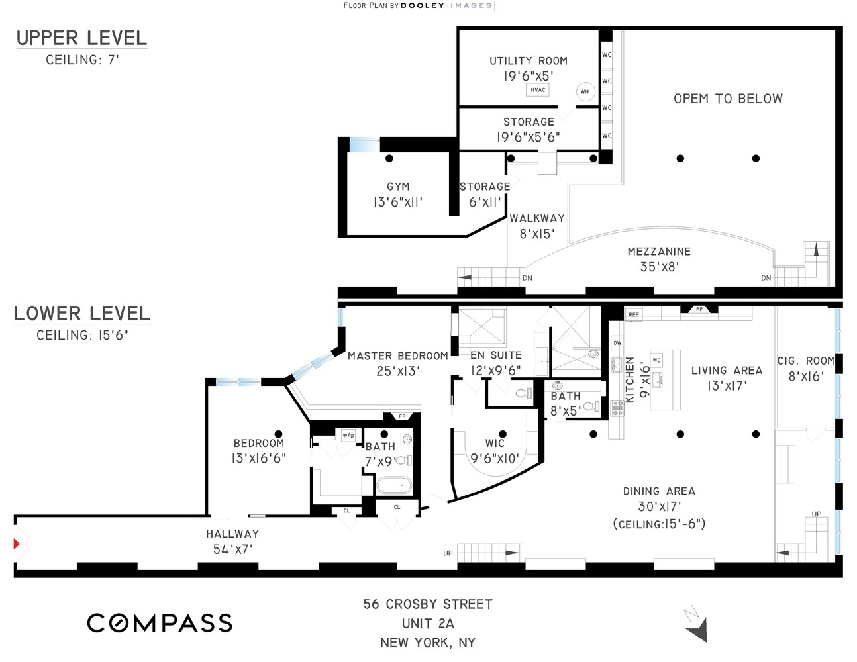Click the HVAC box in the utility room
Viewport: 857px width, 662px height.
pos(538,90)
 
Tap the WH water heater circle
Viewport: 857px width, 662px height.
pos(585,92)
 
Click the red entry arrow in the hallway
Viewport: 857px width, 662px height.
pos(17,544)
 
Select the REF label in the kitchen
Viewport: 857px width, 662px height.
pos(633,314)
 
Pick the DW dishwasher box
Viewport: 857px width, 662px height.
pos(617,342)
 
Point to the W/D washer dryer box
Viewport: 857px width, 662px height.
pos(348,436)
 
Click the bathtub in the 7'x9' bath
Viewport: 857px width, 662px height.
pos(394,485)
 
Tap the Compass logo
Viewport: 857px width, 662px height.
pos(160,622)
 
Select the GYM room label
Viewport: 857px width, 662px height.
pos(398,187)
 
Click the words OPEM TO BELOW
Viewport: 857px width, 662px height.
pos(728,99)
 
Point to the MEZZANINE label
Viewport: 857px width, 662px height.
pos(659,252)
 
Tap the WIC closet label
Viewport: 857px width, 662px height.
pos(495,444)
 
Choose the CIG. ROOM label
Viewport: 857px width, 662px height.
pos(806,361)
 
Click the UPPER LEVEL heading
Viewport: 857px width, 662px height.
pos(81,38)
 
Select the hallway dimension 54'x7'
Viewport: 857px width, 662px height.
pos(232,549)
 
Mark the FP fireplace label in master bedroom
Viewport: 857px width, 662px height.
pos(402,416)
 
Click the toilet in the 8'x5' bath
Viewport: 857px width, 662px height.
pos(591,406)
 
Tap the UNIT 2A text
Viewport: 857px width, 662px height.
pos(428,624)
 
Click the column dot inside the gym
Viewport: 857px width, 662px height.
pos(389,158)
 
